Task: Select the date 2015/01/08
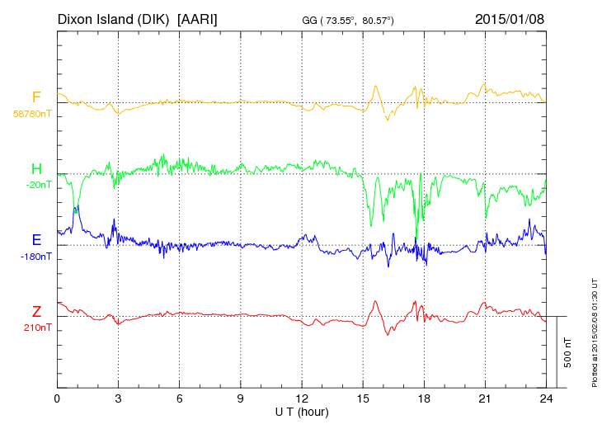pos(510,18)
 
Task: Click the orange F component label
pos(36,97)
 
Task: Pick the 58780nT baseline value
pos(31,114)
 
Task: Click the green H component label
pos(36,169)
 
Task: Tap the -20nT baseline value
pos(38,185)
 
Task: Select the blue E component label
pos(36,240)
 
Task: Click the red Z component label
pos(36,312)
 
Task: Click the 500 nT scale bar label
pos(568,352)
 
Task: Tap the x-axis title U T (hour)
pos(302,411)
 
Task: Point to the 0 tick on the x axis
pos(57,398)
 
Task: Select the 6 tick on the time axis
pos(180,398)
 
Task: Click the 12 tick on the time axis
pos(302,398)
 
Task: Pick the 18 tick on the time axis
pos(424,398)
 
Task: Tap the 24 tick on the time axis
pos(546,398)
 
